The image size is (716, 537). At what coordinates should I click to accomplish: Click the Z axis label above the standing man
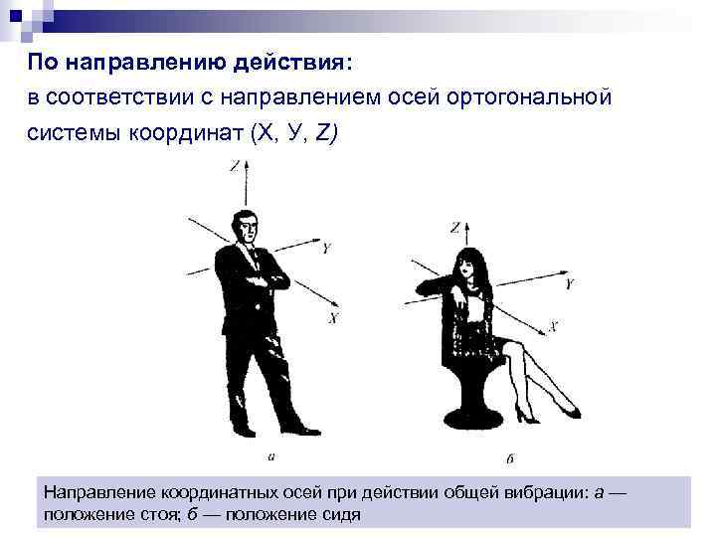click(x=235, y=167)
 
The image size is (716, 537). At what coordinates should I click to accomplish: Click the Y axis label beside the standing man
click(x=326, y=245)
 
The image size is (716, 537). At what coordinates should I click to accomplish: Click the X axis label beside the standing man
click(x=333, y=318)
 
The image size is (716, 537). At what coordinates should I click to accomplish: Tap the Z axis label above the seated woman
click(x=454, y=228)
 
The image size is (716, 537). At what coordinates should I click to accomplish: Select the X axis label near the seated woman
click(x=553, y=326)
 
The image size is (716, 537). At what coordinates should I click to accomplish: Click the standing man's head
click(x=244, y=227)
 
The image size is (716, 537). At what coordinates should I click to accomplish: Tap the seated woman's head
click(x=467, y=267)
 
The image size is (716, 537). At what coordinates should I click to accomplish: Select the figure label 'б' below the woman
click(x=509, y=458)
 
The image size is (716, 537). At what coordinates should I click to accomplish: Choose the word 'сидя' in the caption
click(x=337, y=514)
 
